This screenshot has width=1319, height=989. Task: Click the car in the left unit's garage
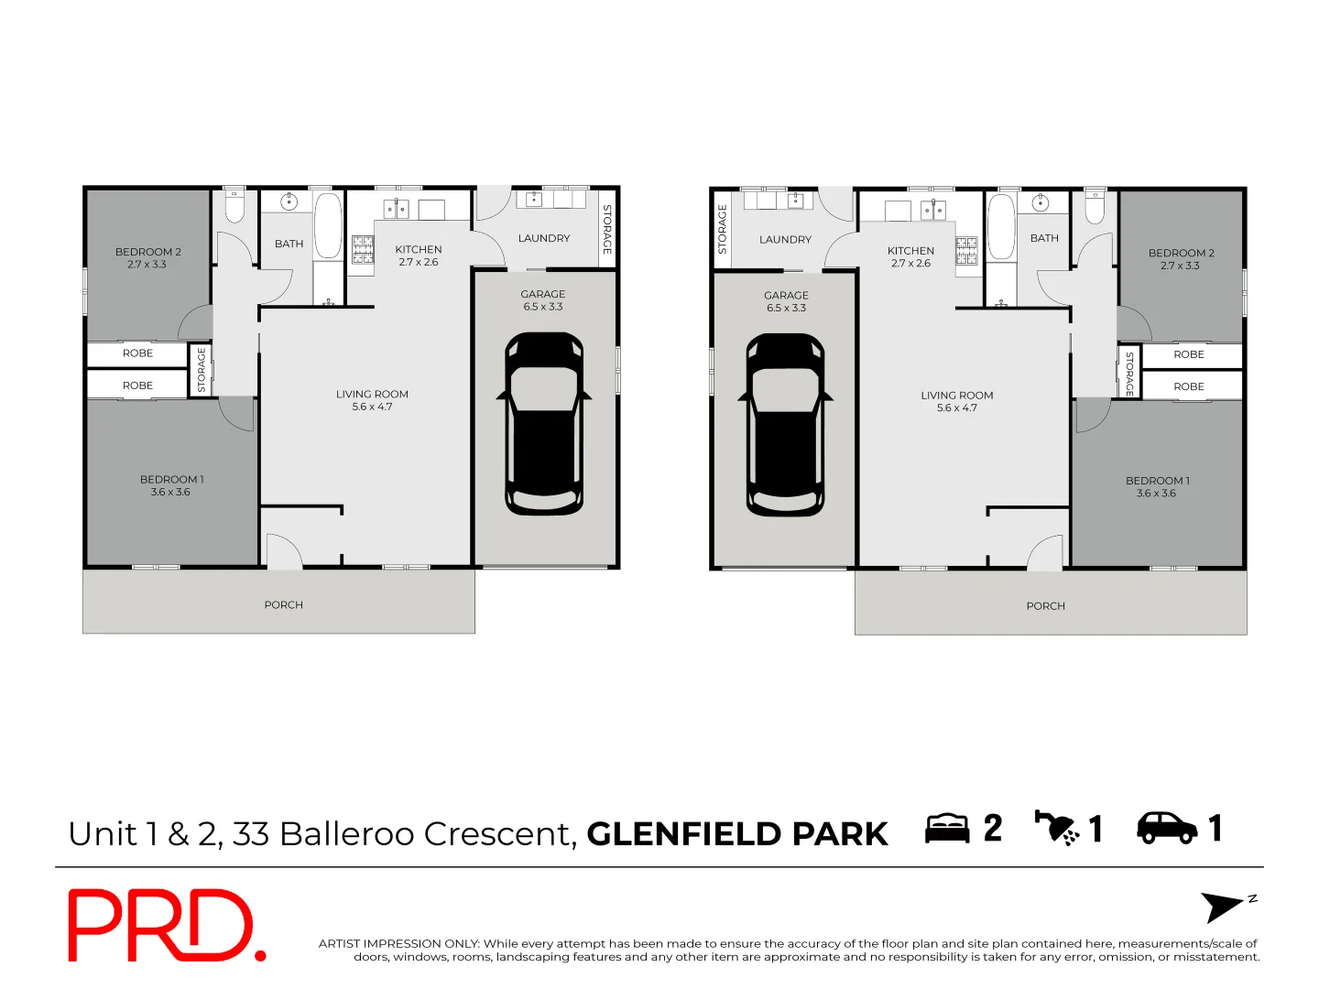pyautogui.click(x=544, y=423)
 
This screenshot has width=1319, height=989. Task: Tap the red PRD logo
pyautogui.click(x=165, y=926)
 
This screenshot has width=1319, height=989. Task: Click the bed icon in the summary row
pyautogui.click(x=947, y=829)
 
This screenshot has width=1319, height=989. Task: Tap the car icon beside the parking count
pyautogui.click(x=1166, y=828)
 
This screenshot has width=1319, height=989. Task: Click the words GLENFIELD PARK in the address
pyautogui.click(x=737, y=834)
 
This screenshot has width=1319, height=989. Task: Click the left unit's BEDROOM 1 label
pyautogui.click(x=171, y=479)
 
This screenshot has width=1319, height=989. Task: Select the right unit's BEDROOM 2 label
pyautogui.click(x=1181, y=253)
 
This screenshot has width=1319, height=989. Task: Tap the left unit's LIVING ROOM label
pyautogui.click(x=372, y=394)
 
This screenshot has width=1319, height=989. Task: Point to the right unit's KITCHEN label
pyautogui.click(x=910, y=250)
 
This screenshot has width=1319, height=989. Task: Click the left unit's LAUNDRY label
pyautogui.click(x=544, y=238)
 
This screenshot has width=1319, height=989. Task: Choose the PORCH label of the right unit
pyautogui.click(x=1045, y=606)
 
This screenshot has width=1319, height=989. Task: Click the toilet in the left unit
pyautogui.click(x=234, y=207)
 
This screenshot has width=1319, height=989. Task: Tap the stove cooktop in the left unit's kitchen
pyautogui.click(x=363, y=250)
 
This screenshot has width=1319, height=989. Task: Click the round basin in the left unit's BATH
pyautogui.click(x=289, y=201)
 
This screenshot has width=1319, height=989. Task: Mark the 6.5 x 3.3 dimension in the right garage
pyautogui.click(x=786, y=309)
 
